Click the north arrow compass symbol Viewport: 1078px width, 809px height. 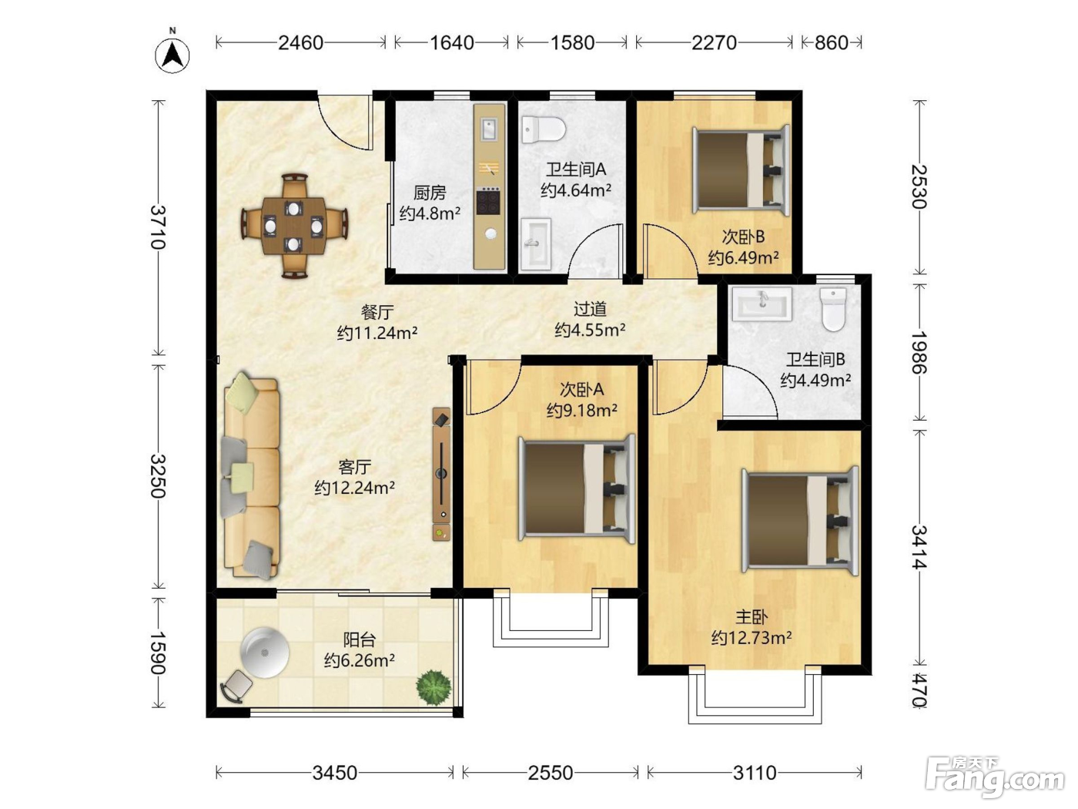click(x=172, y=52)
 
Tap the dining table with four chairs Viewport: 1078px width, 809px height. click(x=294, y=226)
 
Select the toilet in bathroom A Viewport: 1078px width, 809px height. click(x=543, y=129)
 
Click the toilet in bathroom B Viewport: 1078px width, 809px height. click(x=834, y=310)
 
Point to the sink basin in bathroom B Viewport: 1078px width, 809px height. click(x=762, y=303)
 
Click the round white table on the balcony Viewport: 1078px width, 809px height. click(x=265, y=653)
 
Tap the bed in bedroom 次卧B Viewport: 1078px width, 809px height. click(x=741, y=170)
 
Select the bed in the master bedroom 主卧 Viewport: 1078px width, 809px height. click(x=800, y=521)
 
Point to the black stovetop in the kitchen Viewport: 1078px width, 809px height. click(x=489, y=202)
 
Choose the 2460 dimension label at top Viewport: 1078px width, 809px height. click(x=300, y=43)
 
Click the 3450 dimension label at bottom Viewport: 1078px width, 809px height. click(x=335, y=773)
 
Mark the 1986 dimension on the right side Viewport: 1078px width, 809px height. click(x=919, y=352)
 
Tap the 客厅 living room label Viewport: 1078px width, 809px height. click(x=354, y=467)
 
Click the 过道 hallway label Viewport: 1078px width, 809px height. click(x=590, y=309)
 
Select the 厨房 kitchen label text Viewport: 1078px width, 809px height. click(x=430, y=193)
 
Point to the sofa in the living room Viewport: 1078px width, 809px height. click(x=252, y=475)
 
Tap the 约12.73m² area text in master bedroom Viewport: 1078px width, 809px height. click(x=752, y=638)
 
